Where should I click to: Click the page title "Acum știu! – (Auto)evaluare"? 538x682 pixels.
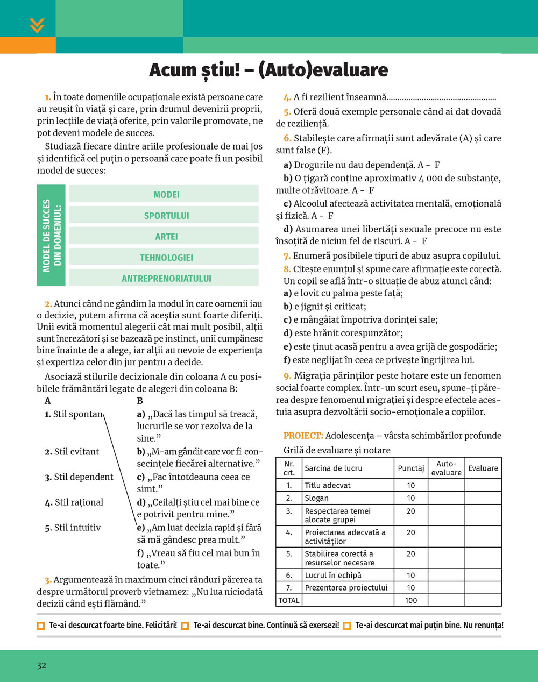click(268, 70)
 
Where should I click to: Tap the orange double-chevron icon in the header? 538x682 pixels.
click(37, 26)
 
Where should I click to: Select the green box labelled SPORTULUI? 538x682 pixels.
click(166, 216)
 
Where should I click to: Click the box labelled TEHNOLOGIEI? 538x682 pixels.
click(166, 258)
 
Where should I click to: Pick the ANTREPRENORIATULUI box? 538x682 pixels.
click(166, 279)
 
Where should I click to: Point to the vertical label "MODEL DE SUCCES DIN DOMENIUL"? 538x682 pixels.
click(52, 236)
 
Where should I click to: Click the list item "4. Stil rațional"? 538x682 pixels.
click(74, 502)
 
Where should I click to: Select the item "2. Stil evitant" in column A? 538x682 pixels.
click(72, 452)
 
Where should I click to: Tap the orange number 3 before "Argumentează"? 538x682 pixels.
click(48, 580)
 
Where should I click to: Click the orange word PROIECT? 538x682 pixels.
click(303, 436)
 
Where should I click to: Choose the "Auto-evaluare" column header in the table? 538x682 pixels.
click(446, 468)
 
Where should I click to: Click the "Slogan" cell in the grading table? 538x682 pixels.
click(316, 498)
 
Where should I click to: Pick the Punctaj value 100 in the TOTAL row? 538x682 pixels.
click(411, 600)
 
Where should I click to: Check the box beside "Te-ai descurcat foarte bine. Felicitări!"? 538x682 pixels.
click(40, 626)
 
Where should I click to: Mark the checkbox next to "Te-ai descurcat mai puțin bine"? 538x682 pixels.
click(347, 626)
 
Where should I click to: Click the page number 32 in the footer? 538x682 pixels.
click(41, 665)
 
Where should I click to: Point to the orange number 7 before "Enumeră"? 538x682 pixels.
click(287, 256)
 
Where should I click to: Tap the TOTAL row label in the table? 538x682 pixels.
click(289, 600)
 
